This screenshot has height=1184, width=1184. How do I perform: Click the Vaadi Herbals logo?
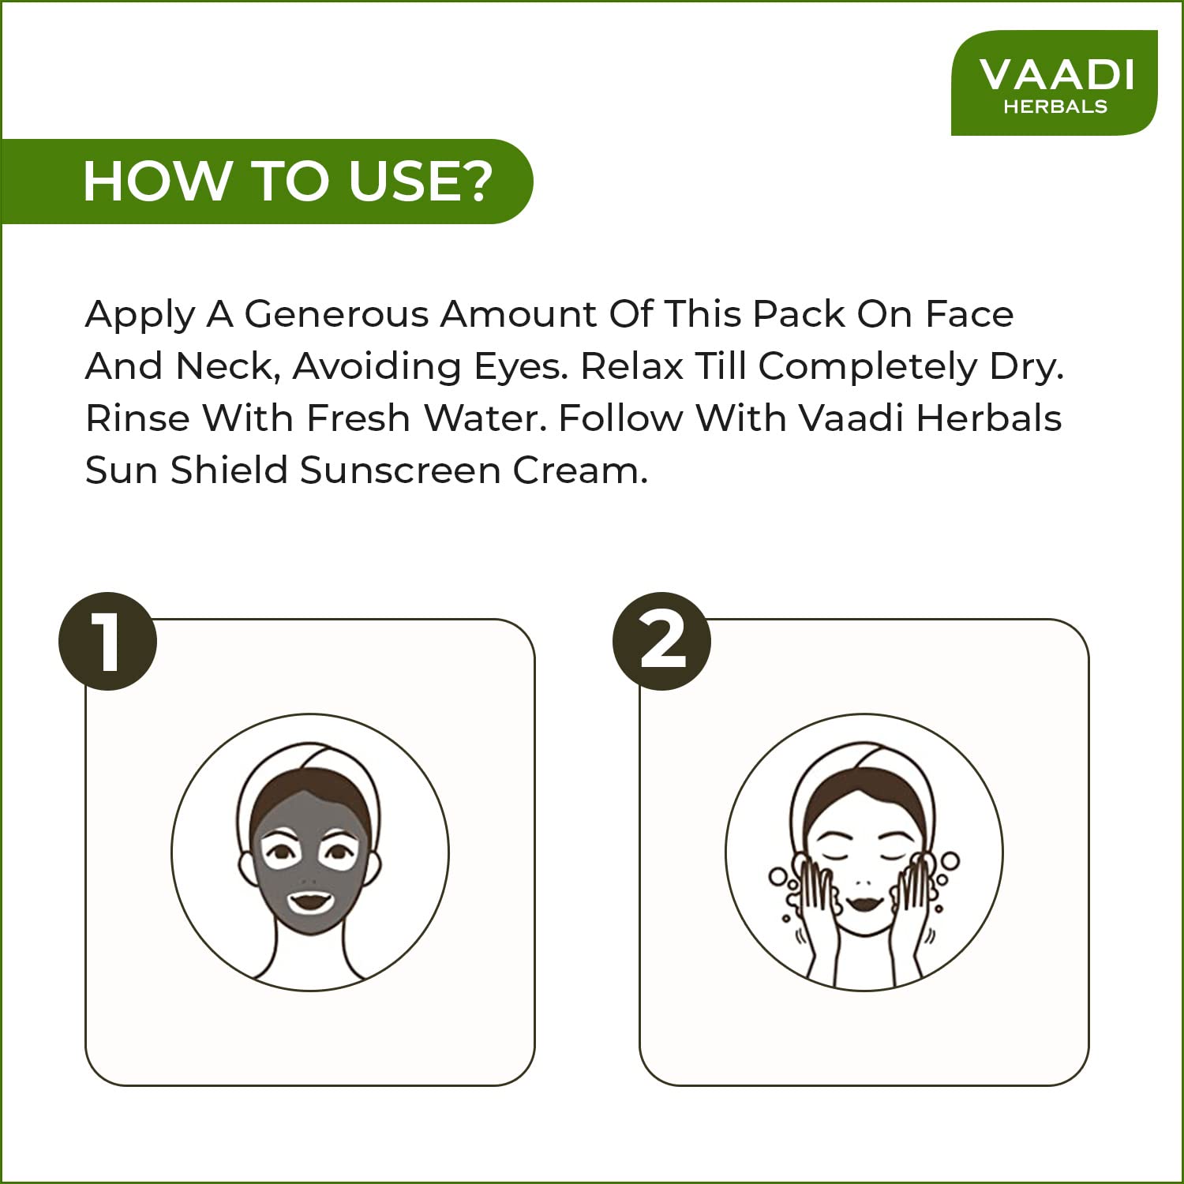(1055, 83)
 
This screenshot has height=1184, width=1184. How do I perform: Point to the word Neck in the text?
(228, 366)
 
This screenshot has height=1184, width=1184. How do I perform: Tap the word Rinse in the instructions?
(137, 418)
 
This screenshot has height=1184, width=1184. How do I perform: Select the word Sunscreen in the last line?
(400, 470)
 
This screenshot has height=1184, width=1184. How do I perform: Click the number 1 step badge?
(108, 642)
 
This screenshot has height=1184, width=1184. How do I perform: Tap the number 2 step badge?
(662, 642)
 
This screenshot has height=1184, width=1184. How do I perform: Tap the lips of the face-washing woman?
(864, 901)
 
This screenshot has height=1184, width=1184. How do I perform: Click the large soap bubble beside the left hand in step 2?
(778, 877)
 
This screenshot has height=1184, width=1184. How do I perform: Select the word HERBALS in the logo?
(1055, 107)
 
